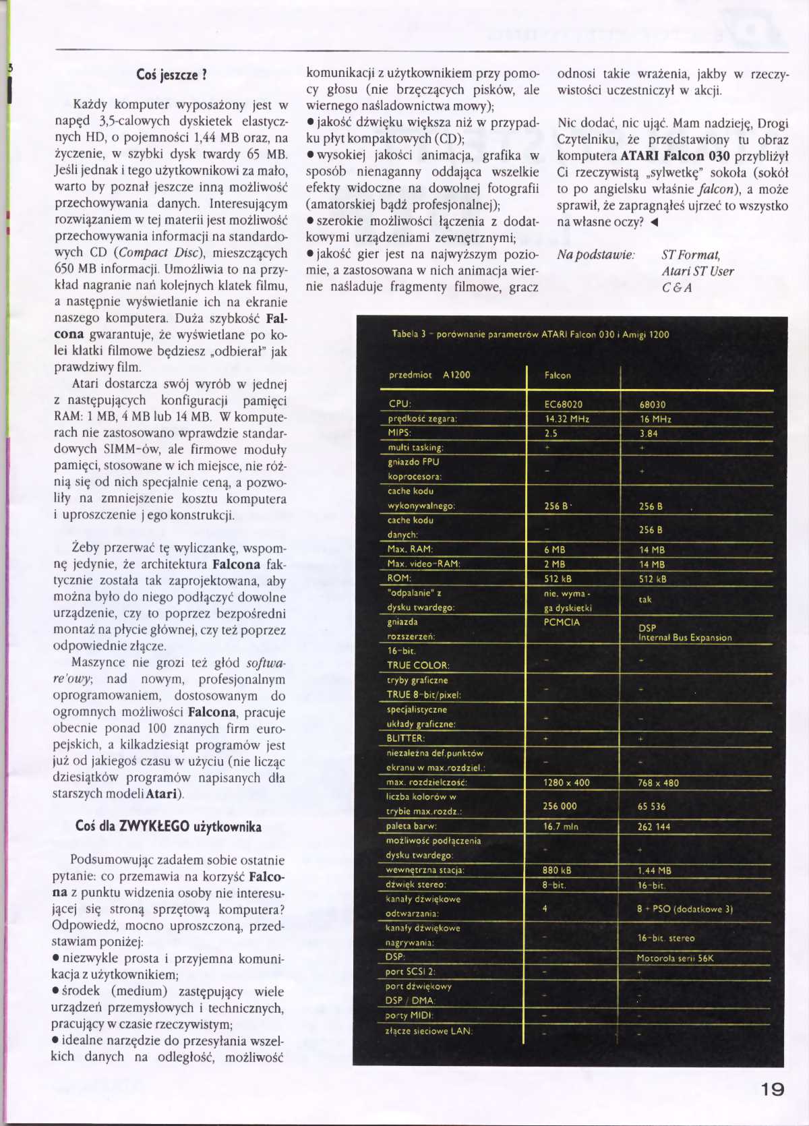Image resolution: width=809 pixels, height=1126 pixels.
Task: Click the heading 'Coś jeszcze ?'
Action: tap(171, 75)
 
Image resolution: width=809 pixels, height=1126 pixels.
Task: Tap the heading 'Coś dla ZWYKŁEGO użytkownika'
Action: tap(169, 827)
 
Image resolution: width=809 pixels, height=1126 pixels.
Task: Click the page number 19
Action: tap(772, 1088)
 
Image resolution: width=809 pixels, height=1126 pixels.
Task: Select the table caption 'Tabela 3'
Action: tap(409, 334)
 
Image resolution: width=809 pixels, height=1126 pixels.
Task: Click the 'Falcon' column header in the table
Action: tap(558, 376)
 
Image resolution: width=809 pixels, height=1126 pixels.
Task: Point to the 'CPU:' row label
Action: tap(400, 404)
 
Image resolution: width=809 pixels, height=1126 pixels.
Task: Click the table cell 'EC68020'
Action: tap(564, 405)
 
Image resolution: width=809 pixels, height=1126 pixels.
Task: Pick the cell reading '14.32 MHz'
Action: tap(567, 419)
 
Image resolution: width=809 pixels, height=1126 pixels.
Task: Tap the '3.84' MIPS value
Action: tap(649, 434)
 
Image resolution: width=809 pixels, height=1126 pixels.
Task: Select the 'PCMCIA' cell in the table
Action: tap(562, 622)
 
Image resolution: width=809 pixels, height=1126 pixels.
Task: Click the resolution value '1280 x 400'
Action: tap(566, 783)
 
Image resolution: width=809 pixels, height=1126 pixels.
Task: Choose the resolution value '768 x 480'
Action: tap(658, 783)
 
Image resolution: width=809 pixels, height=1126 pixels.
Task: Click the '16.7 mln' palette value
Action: tap(561, 827)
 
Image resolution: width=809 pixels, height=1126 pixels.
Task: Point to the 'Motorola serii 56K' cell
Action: tap(675, 958)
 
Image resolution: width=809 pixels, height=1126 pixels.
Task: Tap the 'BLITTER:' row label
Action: tap(406, 738)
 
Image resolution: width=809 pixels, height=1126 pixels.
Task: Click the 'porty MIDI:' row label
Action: tap(409, 1015)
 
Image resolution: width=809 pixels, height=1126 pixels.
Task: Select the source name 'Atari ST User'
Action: tap(697, 271)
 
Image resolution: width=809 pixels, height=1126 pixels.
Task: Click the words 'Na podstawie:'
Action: tap(595, 255)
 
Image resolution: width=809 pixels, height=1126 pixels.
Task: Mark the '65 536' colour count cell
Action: tap(651, 806)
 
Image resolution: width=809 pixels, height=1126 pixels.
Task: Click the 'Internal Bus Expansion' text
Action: tap(685, 638)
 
